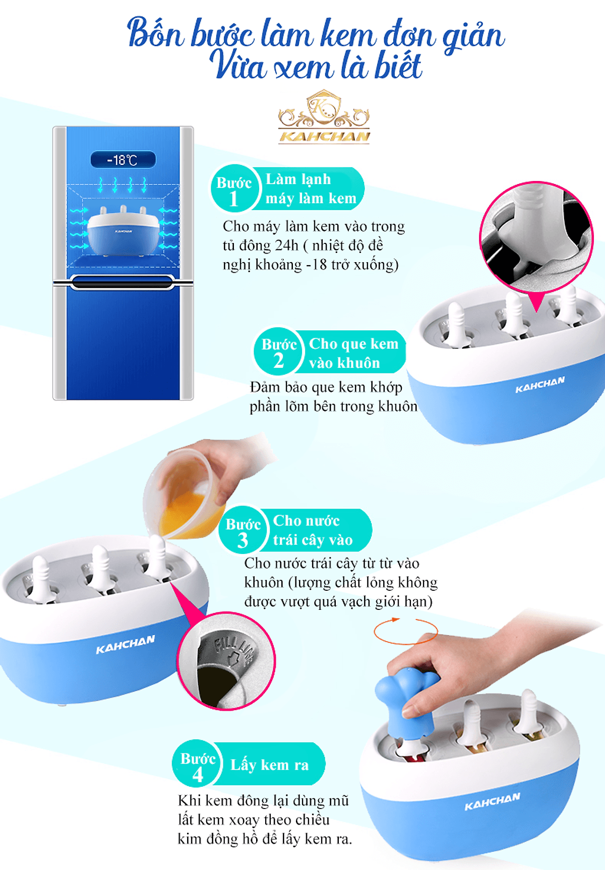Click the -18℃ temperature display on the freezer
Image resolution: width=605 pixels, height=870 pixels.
[x=123, y=160]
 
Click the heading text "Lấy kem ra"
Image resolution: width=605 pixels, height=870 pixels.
[x=270, y=765]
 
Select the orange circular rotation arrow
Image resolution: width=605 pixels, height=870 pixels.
[x=406, y=631]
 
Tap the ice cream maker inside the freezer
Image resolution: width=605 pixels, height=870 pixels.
[x=123, y=231]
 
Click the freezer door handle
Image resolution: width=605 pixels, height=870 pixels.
[x=123, y=283]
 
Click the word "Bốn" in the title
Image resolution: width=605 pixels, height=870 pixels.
[x=156, y=33]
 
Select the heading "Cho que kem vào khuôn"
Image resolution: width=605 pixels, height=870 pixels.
[x=353, y=353]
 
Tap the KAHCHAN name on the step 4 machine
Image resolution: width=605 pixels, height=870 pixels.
[x=492, y=801]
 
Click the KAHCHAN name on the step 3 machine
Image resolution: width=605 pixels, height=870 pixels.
[x=126, y=645]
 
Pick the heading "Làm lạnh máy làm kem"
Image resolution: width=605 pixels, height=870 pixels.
[x=311, y=189]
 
